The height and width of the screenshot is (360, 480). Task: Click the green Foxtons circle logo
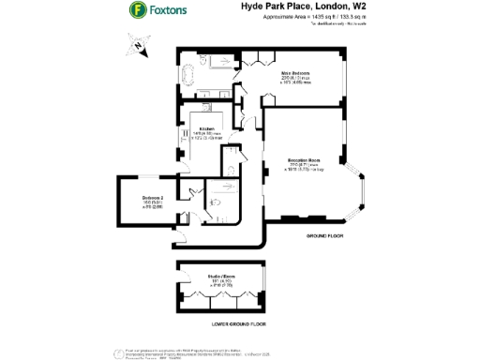136,12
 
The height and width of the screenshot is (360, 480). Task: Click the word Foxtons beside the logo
171,12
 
